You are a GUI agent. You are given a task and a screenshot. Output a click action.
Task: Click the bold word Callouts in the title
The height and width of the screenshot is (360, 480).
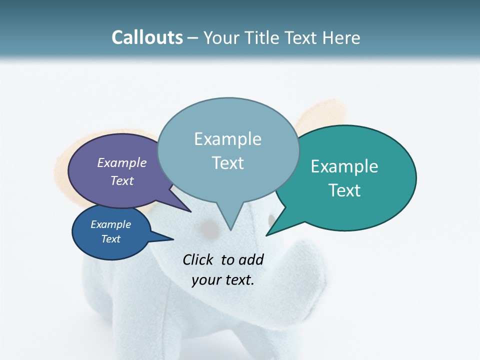pos(147,37)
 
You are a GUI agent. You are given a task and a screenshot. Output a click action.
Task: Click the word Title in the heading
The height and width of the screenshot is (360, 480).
pos(264,37)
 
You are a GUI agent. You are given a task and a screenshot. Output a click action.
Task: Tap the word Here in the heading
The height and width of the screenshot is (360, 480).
pos(341,37)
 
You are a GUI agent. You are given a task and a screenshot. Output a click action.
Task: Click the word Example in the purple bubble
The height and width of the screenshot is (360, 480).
pos(121,163)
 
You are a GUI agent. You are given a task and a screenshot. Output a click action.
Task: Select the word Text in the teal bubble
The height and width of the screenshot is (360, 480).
pos(344,190)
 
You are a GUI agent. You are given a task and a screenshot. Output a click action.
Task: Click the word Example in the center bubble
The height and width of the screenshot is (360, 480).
pos(227,139)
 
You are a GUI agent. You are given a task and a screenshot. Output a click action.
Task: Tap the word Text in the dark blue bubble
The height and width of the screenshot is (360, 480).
pos(110,239)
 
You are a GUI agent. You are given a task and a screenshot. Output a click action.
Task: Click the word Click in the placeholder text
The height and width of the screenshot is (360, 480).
pos(198,259)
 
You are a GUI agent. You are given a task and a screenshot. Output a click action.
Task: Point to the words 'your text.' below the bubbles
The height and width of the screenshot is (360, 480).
pos(223,279)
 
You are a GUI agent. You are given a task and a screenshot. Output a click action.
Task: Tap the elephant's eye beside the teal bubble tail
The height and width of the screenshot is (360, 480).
pos(271,220)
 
